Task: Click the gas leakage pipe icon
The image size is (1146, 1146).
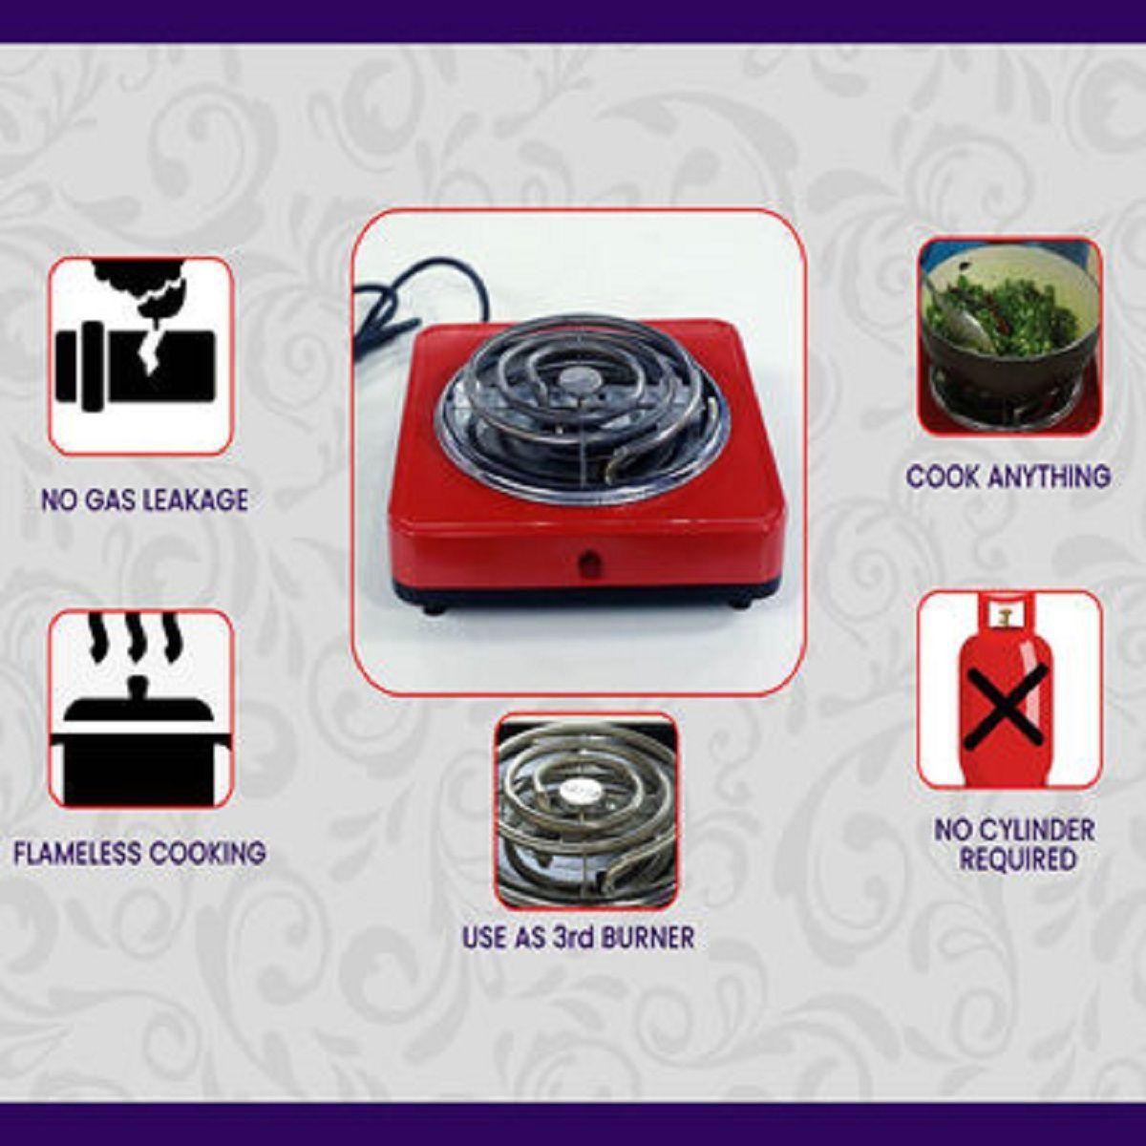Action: [140, 355]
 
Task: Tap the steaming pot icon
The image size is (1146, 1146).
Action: [140, 709]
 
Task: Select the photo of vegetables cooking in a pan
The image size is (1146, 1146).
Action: [1009, 336]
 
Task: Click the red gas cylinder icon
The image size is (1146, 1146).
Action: [1009, 690]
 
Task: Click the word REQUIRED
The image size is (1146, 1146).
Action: [1018, 859]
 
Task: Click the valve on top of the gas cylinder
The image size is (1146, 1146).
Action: [1005, 612]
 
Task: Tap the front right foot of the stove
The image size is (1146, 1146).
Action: [737, 603]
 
